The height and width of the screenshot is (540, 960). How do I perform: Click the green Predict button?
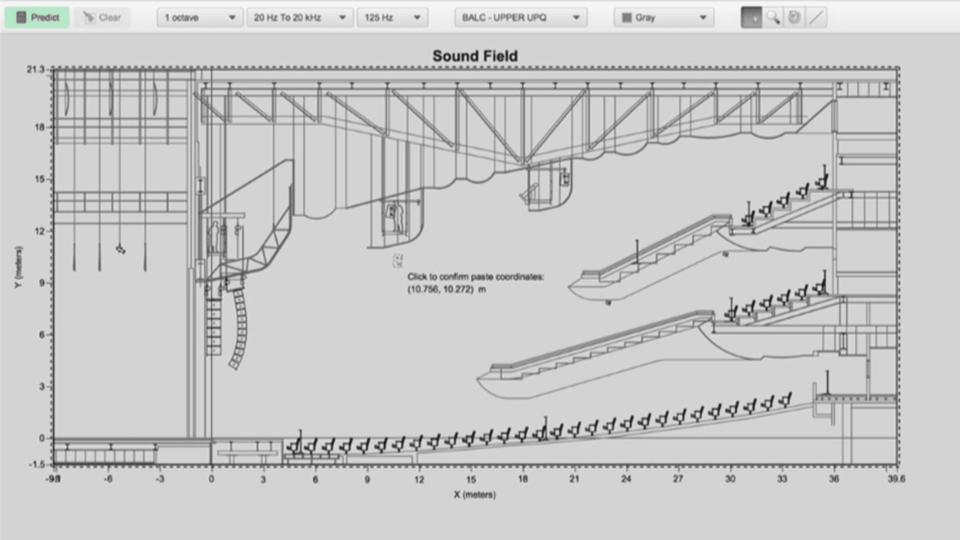click(x=37, y=18)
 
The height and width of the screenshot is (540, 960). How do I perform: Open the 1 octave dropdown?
click(x=200, y=18)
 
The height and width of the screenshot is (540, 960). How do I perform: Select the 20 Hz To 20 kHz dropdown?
click(x=300, y=18)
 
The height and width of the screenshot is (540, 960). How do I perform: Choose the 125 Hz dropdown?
click(x=392, y=18)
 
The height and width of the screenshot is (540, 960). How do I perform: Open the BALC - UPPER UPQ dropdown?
click(x=521, y=18)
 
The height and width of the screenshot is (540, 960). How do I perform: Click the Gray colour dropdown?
click(x=664, y=18)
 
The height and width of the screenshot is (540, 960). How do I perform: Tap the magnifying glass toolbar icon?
click(x=773, y=18)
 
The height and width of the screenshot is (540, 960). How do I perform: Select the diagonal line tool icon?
click(x=816, y=18)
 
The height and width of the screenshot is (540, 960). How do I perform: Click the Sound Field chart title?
click(x=475, y=56)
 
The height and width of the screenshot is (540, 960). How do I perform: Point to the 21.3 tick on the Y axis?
click(x=35, y=69)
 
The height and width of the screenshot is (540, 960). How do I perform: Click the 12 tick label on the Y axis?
click(x=39, y=231)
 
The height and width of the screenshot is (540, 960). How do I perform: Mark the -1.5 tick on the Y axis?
click(x=37, y=464)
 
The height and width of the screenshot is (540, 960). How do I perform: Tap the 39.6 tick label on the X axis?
click(x=896, y=479)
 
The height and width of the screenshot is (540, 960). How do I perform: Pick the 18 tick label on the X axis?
click(x=522, y=479)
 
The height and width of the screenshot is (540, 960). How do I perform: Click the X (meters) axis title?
click(x=475, y=495)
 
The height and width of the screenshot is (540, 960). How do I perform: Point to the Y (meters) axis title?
click(x=18, y=267)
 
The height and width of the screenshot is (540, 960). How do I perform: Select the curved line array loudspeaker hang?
click(x=239, y=327)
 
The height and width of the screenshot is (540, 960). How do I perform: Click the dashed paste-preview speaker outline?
click(x=397, y=260)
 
